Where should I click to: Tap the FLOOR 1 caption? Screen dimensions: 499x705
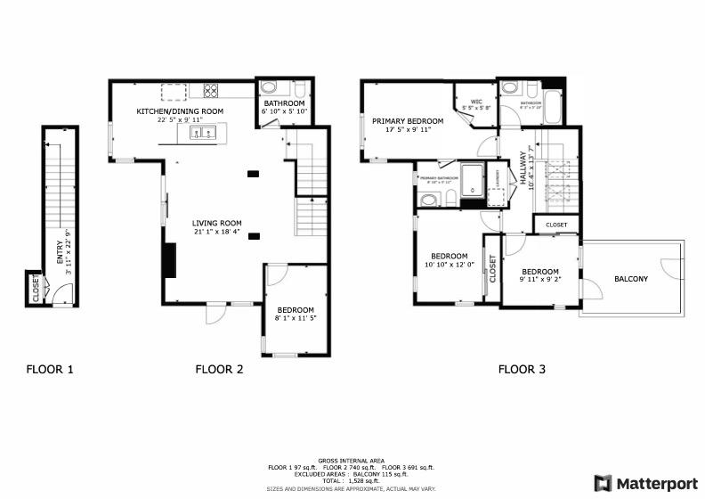pyautogui.click(x=51, y=369)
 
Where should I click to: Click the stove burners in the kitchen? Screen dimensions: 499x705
pyautogui.click(x=212, y=89)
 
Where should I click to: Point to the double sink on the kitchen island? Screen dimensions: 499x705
pyautogui.click(x=202, y=134)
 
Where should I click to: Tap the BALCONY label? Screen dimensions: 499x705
pyautogui.click(x=631, y=279)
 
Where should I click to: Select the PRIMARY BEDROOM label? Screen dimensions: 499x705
pyautogui.click(x=408, y=120)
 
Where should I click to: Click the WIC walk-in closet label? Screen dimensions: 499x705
pyautogui.click(x=476, y=101)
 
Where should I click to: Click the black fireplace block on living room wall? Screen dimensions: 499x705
pyautogui.click(x=168, y=259)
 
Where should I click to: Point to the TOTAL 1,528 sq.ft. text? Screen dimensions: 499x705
pyautogui.click(x=352, y=479)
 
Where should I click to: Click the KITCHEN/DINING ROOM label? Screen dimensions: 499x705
pyautogui.click(x=179, y=111)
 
